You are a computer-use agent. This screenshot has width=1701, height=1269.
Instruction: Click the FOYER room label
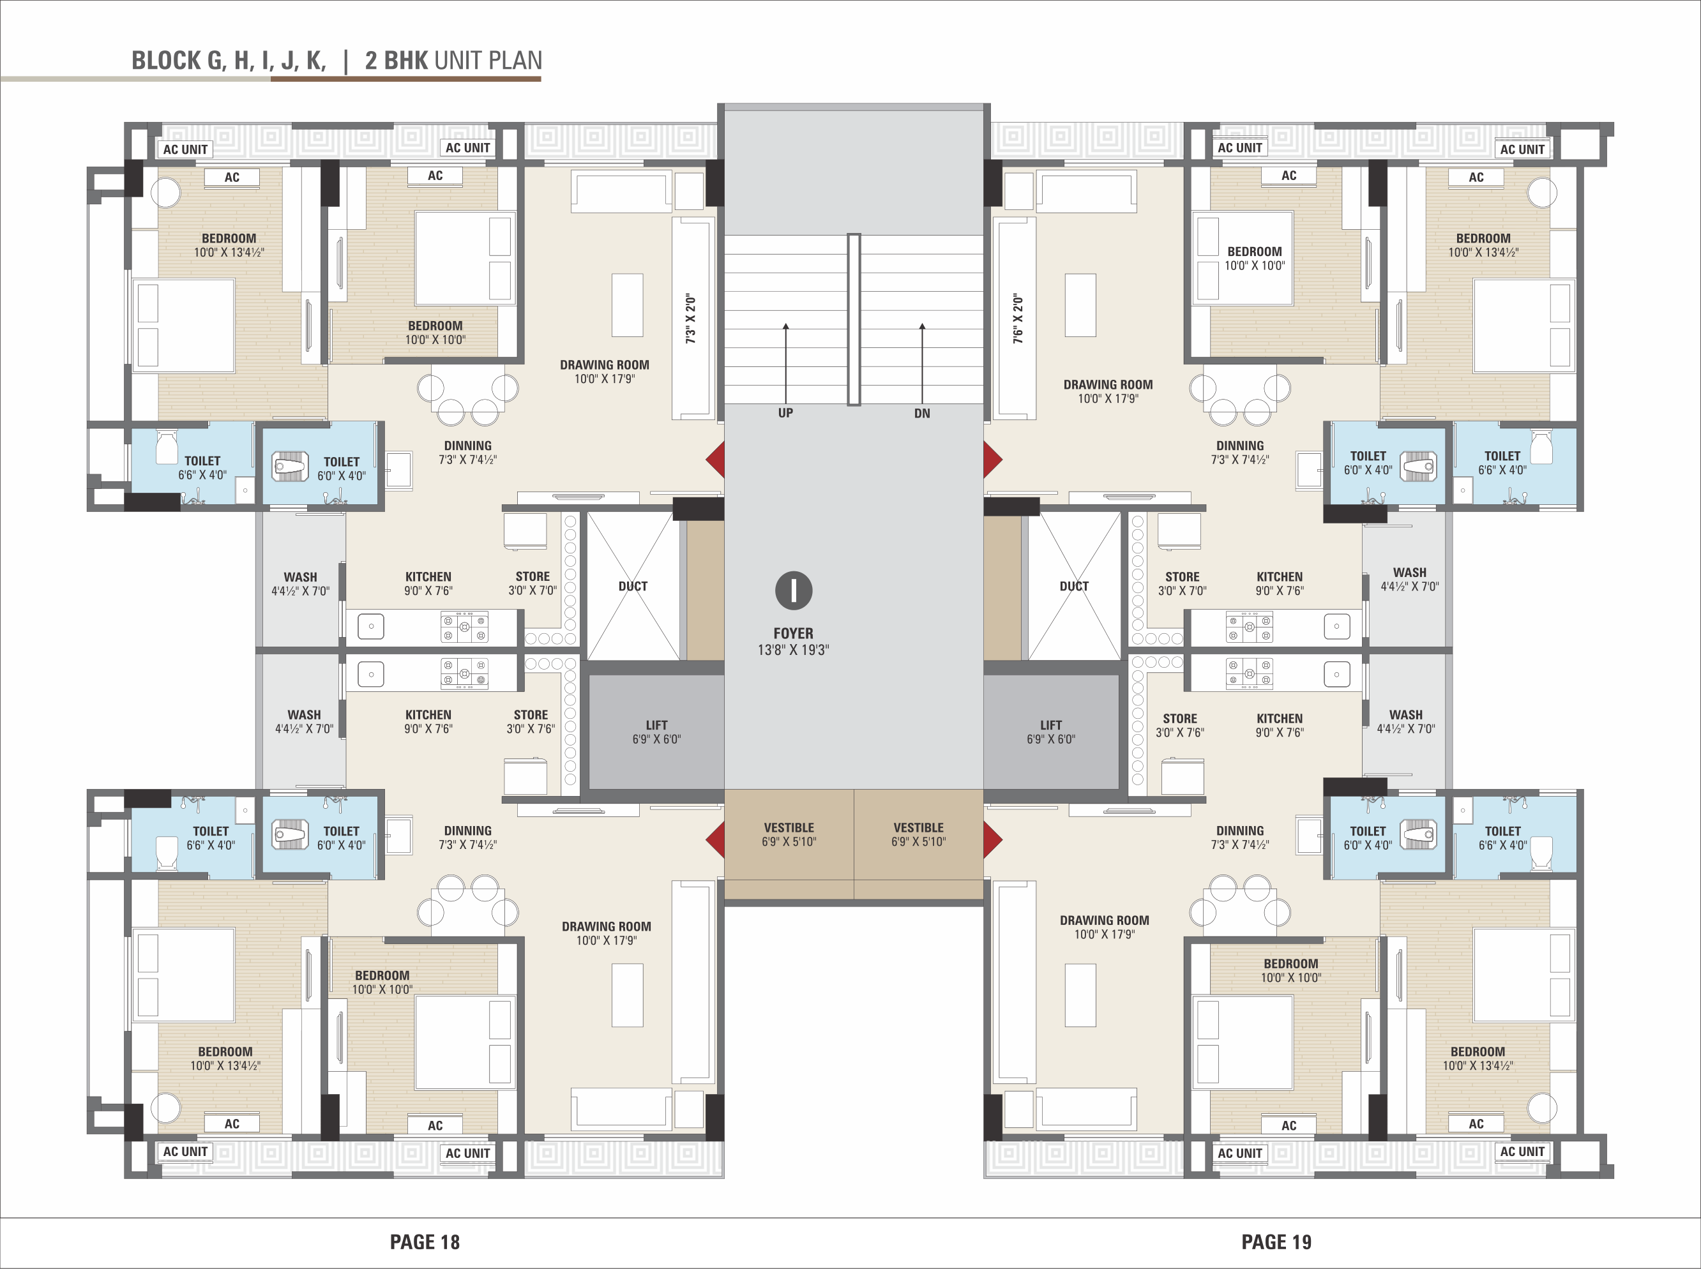(793, 634)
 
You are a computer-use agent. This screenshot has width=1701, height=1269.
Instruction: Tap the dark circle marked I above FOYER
(794, 590)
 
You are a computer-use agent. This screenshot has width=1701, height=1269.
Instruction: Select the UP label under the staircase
(785, 413)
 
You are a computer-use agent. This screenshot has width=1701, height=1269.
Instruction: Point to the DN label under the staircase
(922, 413)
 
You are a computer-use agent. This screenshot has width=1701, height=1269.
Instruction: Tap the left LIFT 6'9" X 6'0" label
(656, 732)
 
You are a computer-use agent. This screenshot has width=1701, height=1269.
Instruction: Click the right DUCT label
(1074, 586)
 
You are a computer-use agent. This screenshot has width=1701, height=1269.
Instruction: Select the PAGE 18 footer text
(425, 1242)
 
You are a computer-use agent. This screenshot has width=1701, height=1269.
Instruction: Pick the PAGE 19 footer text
(1276, 1242)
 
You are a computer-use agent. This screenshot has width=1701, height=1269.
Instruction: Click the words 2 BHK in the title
(397, 61)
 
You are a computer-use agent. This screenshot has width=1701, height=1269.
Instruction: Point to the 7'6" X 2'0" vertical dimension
(1018, 318)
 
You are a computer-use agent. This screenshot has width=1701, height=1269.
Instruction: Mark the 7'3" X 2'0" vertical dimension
(690, 318)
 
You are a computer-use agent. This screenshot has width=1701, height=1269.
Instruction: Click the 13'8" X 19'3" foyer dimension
(793, 650)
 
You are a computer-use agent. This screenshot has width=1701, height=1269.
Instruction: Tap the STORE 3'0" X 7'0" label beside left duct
(533, 583)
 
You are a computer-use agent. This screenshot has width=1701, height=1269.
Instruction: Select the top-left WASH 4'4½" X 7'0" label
(300, 584)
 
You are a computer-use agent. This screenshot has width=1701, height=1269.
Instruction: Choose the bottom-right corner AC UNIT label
(1522, 1152)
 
